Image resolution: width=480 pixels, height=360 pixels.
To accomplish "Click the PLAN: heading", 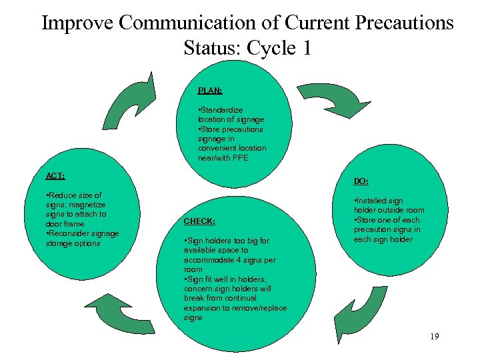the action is pyautogui.click(x=210, y=90).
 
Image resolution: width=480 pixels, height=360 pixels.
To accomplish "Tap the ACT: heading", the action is pyautogui.click(x=55, y=176).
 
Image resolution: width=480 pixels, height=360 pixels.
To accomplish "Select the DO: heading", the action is pyautogui.click(x=361, y=181).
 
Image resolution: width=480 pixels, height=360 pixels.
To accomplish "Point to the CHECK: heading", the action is pyautogui.click(x=199, y=221).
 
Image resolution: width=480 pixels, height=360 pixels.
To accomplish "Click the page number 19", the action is pyautogui.click(x=434, y=337).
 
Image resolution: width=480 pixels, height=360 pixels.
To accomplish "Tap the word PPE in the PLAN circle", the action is pyautogui.click(x=257, y=158).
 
